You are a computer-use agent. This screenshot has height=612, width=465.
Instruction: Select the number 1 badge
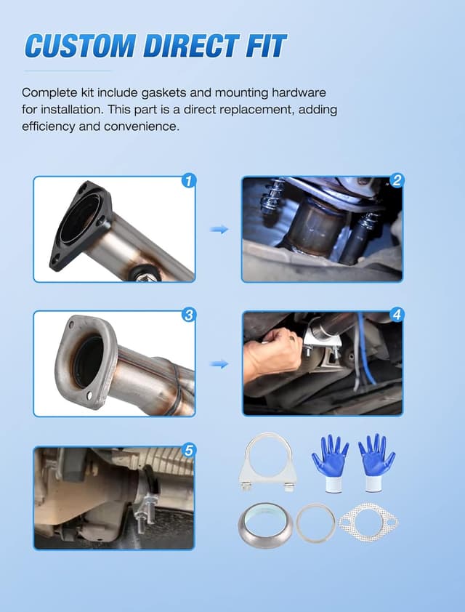[x=189, y=181]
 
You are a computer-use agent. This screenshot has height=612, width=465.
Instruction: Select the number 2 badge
[x=397, y=181]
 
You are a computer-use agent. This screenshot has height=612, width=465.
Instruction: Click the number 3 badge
[x=189, y=315]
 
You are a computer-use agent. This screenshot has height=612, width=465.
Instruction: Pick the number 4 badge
[x=397, y=315]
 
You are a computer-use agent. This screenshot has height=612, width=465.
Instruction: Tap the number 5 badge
[x=189, y=451]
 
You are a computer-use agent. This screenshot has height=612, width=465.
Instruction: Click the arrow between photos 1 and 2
[x=219, y=229]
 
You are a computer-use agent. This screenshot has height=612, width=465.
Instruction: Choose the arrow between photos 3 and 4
[x=219, y=363]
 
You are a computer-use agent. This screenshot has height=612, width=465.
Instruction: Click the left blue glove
[x=330, y=462]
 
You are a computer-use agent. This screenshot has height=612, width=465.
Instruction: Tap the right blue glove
[x=376, y=462]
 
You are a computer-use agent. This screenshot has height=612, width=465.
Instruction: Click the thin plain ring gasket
[x=315, y=522]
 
